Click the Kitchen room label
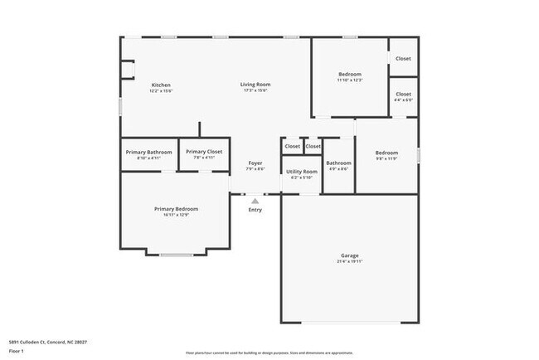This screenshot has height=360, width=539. tap(161, 85)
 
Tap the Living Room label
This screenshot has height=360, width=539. tap(255, 85)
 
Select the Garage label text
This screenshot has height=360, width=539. tap(349, 255)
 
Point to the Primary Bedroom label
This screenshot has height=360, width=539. tap(176, 209)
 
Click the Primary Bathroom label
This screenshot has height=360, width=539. tap(149, 152)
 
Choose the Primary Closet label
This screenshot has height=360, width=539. tap(203, 152)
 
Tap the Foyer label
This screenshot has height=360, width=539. tap(255, 163)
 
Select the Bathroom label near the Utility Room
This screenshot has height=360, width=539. tap(338, 163)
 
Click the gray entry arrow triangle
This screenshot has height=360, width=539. tap(255, 200)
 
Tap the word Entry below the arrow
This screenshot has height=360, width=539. tap(255, 210)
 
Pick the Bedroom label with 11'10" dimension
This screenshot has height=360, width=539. tap(349, 75)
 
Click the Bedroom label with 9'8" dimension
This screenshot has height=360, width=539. tap(386, 153)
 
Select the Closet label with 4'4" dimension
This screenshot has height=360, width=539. tap(403, 95)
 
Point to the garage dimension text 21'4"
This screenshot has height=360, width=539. tap(349, 261)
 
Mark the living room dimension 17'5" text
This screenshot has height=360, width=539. tap(255, 91)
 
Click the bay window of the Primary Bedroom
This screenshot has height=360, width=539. tap(176, 254)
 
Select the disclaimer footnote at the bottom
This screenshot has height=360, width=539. tap(269, 353)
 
